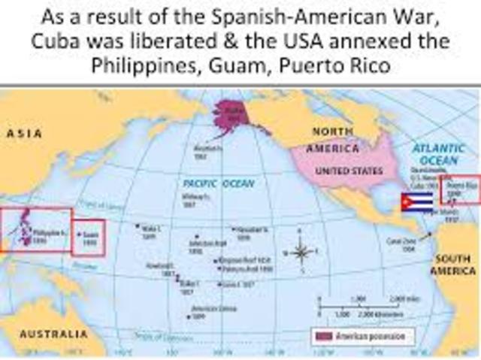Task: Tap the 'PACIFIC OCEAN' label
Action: (219, 183)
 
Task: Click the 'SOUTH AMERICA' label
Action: (453, 265)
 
